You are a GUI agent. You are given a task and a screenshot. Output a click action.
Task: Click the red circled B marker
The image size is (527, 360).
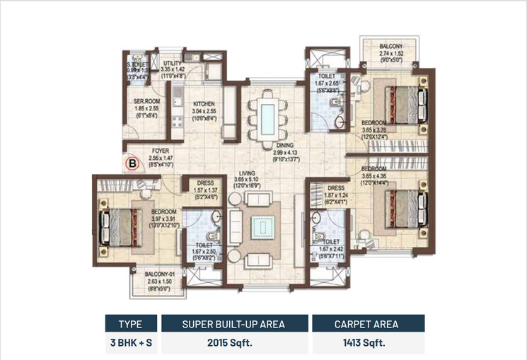tap(131, 164)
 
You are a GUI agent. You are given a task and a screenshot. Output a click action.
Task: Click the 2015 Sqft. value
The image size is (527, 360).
tap(233, 344)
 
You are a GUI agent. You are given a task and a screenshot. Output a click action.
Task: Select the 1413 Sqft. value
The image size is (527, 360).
tap(368, 344)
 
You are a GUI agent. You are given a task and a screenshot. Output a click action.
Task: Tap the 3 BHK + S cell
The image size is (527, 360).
tap(131, 344)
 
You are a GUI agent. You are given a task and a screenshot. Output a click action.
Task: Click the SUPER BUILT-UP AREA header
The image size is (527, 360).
tap(233, 325)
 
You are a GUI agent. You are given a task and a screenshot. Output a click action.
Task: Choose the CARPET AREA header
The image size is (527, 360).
tap(368, 325)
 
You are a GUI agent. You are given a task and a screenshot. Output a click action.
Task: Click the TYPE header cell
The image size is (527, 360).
tap(131, 325)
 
